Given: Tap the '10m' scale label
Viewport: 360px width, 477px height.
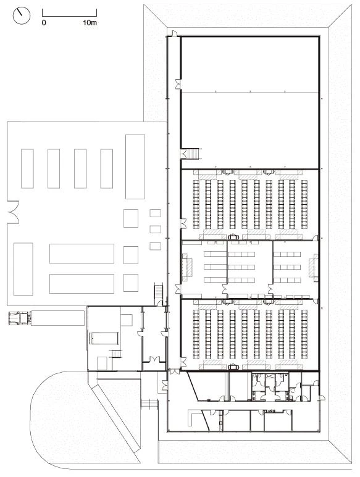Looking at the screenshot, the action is [90, 22].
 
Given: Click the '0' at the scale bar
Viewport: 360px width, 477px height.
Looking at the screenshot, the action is [44, 22].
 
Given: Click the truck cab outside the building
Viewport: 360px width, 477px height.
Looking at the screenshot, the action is [19, 318].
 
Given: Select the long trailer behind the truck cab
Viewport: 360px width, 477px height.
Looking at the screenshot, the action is [57, 318].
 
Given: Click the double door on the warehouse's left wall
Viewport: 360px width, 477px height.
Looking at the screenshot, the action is [13, 212].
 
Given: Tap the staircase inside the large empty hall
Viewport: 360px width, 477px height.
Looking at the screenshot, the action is [193, 154].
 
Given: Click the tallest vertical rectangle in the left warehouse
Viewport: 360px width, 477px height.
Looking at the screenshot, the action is [135, 167].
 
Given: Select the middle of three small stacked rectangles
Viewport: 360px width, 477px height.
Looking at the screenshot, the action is [155, 229].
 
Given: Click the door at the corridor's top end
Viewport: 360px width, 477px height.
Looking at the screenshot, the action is [174, 33].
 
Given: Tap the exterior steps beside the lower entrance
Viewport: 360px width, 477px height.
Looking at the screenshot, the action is [149, 404].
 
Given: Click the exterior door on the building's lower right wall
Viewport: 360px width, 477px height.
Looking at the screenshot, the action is [322, 397].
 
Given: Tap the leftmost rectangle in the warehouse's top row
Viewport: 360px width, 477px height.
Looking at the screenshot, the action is [27, 168].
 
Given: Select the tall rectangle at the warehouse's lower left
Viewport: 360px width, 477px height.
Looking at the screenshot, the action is [23, 269].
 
